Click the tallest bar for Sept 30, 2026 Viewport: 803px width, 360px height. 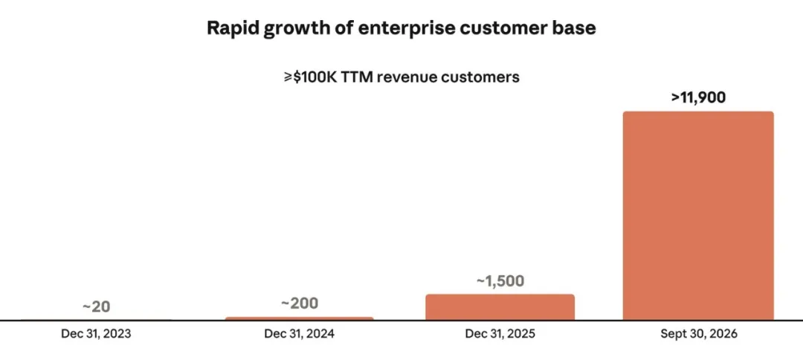[698, 216]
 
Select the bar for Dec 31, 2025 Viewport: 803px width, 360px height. [500, 307]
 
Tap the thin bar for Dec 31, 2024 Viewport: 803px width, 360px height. [299, 318]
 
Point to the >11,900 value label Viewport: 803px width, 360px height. [698, 97]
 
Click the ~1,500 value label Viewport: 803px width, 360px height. [500, 281]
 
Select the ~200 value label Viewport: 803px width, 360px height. [300, 303]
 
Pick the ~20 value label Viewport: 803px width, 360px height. [96, 306]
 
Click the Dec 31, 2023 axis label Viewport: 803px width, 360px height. [96, 334]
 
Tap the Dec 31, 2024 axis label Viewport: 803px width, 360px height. [300, 334]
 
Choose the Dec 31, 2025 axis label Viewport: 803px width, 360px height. [500, 334]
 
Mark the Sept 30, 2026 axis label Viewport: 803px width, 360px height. [698, 334]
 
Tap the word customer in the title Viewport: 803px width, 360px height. [502, 28]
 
